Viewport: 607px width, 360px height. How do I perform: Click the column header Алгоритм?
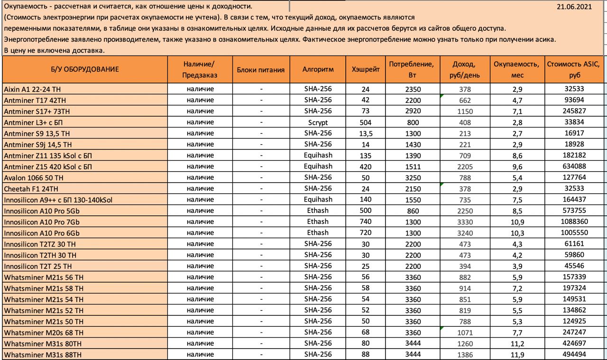pos(318,69)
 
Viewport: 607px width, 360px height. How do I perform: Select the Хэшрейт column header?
pos(366,69)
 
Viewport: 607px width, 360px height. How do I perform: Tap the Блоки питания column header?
pos(260,69)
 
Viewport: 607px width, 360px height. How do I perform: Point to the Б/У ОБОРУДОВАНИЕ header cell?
pos(85,69)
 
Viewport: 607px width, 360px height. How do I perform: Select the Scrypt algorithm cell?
pos(318,122)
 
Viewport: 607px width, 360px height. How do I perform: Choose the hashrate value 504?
pos(365,122)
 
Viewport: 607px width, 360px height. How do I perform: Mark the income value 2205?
pos(464,166)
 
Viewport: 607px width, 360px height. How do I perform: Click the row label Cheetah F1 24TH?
pos(28,189)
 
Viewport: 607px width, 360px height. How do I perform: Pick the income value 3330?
pos(464,222)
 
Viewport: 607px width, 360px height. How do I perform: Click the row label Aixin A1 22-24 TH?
pos(32,89)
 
